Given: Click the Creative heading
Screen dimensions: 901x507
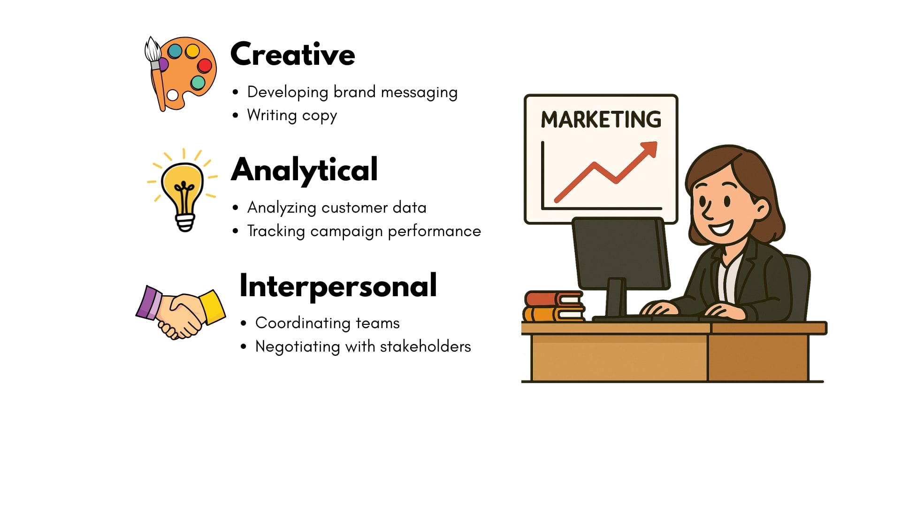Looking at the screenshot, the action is [293, 54].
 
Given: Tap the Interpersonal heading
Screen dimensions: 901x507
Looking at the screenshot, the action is [338, 286].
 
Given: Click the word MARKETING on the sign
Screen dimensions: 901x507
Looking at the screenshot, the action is [601, 119].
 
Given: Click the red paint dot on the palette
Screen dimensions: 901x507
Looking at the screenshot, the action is [205, 65].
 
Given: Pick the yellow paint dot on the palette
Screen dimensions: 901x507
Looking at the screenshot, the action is [192, 51].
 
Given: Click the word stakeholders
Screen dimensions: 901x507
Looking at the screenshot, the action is [425, 346].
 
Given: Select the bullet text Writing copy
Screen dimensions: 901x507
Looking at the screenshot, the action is [292, 115].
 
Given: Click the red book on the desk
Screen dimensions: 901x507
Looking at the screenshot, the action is [554, 299].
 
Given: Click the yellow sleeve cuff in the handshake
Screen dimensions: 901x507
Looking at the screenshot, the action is [213, 307].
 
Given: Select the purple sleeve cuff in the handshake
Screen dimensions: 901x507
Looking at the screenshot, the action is [149, 303].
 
